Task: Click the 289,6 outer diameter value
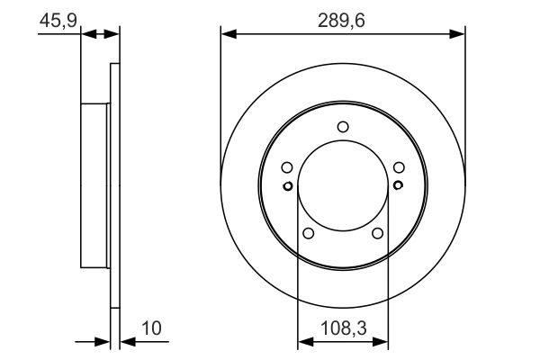tap(342, 20)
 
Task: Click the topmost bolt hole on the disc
tap(343, 127)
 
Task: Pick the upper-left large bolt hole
tap(286, 167)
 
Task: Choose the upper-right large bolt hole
tap(399, 167)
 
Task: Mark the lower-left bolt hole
tap(308, 234)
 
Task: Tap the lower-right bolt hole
tap(377, 234)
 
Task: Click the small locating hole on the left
tap(287, 186)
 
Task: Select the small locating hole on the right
tap(398, 186)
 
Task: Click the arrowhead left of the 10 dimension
tap(103, 342)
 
